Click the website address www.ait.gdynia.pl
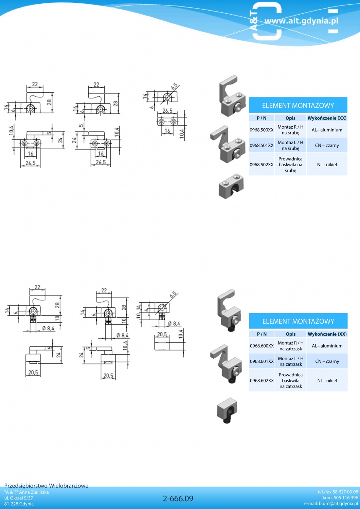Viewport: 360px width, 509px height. [301, 21]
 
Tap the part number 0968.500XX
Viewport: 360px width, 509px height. [262, 130]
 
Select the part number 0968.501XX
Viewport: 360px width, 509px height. [262, 146]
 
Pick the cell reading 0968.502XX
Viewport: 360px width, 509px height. [262, 165]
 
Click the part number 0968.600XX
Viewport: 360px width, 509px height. [262, 346]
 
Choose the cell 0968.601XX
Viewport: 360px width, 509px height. [262, 361]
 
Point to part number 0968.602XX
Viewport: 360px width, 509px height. [262, 380]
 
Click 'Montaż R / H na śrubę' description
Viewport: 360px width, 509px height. [290, 130]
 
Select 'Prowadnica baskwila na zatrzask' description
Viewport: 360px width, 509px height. [291, 380]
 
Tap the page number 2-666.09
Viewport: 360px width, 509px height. [178, 498]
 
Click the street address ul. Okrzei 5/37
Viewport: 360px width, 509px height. [19, 498]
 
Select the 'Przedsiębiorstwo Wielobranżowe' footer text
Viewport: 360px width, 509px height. [46, 486]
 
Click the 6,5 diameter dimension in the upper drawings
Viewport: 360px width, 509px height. [175, 86]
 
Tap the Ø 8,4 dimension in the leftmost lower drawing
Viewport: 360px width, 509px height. [48, 328]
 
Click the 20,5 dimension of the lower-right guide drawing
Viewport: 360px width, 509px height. [162, 334]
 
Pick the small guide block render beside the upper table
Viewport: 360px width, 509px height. [231, 186]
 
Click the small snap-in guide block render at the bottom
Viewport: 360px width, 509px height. [227, 410]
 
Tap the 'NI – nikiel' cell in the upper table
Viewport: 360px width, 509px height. [327, 165]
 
